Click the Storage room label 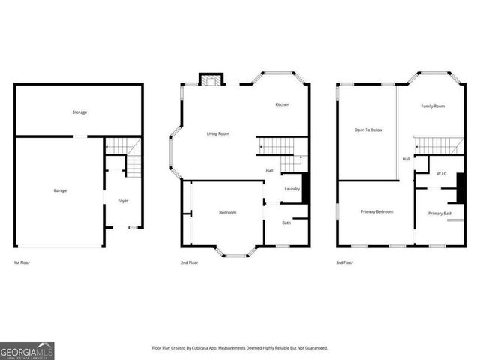pyautogui.click(x=79, y=112)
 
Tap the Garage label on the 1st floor pyautogui.click(x=60, y=190)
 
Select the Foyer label pyautogui.click(x=123, y=201)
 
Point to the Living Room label pyautogui.click(x=218, y=133)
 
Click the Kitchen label pyautogui.click(x=282, y=104)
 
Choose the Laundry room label pyautogui.click(x=292, y=189)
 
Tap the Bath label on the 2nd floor pyautogui.click(x=286, y=223)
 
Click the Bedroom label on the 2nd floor pyautogui.click(x=227, y=213)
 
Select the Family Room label pyautogui.click(x=433, y=106)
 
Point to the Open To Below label pyautogui.click(x=368, y=130)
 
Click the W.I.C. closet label pyautogui.click(x=442, y=174)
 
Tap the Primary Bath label pyautogui.click(x=440, y=214)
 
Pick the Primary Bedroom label pyautogui.click(x=374, y=212)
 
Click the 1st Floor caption pyautogui.click(x=22, y=263)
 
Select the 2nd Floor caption pyautogui.click(x=189, y=263)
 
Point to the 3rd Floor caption pyautogui.click(x=344, y=263)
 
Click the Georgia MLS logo pyautogui.click(x=27, y=350)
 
